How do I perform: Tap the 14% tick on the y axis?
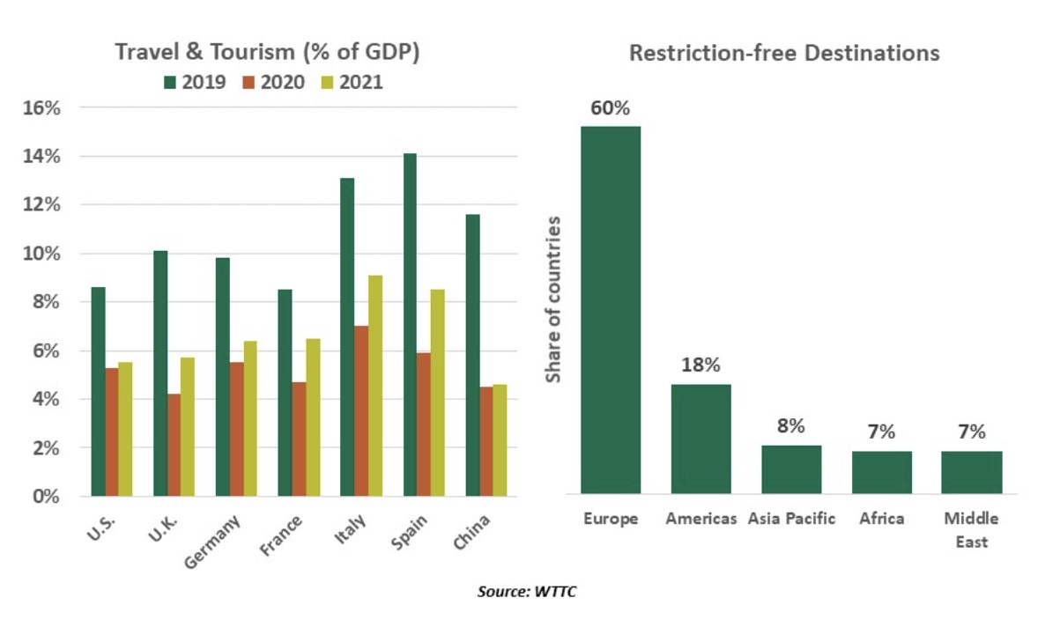coord(41,157)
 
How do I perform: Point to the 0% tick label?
coord(45,497)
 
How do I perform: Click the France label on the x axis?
coord(283,534)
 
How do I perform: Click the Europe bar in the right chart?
coord(610,309)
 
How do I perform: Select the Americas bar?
coord(700,439)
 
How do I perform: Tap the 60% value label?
coord(610,108)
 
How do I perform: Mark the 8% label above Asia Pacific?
coord(790,426)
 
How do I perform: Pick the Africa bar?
coord(881,472)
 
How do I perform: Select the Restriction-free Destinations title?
coord(783,53)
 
